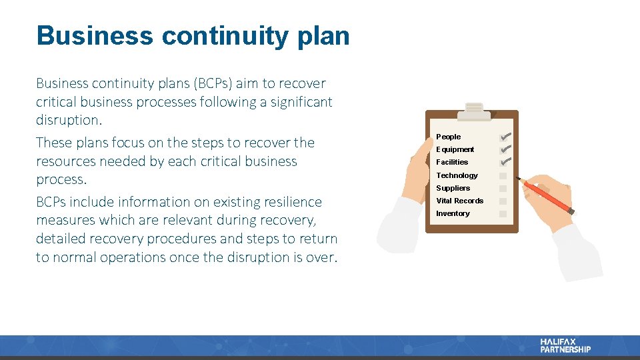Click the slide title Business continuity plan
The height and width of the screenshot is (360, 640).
click(193, 36)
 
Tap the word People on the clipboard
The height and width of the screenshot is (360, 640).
click(448, 137)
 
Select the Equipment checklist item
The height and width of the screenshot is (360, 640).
click(455, 149)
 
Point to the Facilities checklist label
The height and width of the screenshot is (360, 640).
click(452, 162)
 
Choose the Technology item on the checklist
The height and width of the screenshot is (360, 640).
click(457, 175)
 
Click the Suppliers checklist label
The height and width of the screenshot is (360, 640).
click(453, 188)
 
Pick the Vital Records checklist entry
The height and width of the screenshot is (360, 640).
click(459, 201)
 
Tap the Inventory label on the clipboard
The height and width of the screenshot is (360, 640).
click(453, 213)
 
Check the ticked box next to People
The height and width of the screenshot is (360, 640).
click(504, 137)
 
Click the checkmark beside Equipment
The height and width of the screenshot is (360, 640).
click(504, 149)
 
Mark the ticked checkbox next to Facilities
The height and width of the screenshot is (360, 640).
click(504, 162)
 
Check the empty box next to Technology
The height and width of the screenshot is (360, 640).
click(503, 176)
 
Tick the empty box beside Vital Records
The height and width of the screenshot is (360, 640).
click(503, 201)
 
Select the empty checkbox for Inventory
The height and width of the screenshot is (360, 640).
click(503, 214)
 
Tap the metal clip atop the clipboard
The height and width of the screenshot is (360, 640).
click(475, 111)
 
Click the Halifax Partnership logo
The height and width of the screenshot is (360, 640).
click(565, 345)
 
